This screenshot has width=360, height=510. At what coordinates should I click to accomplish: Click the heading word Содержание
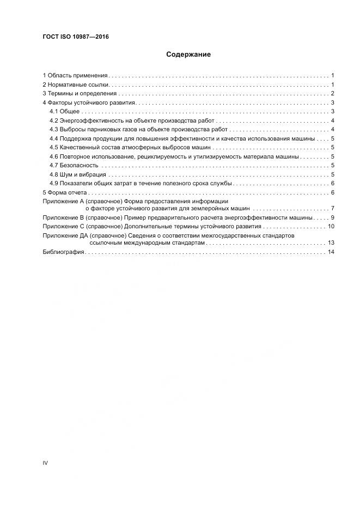click(188, 54)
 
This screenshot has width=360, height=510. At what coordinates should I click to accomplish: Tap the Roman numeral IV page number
click(45, 463)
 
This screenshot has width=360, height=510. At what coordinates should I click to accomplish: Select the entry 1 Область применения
click(75, 75)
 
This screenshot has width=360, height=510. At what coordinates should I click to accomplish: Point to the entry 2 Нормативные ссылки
click(77, 84)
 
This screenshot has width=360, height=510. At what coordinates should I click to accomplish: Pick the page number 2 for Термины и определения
click(332, 94)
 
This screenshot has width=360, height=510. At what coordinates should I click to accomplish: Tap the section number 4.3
click(53, 130)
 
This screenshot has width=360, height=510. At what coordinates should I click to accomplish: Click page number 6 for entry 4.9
click(332, 184)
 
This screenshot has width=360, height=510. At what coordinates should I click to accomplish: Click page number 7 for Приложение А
click(332, 209)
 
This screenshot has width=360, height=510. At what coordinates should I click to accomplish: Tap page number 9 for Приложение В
click(332, 217)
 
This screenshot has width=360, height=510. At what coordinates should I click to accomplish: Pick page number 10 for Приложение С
click(330, 226)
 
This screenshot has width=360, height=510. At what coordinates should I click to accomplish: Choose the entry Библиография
click(63, 252)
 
